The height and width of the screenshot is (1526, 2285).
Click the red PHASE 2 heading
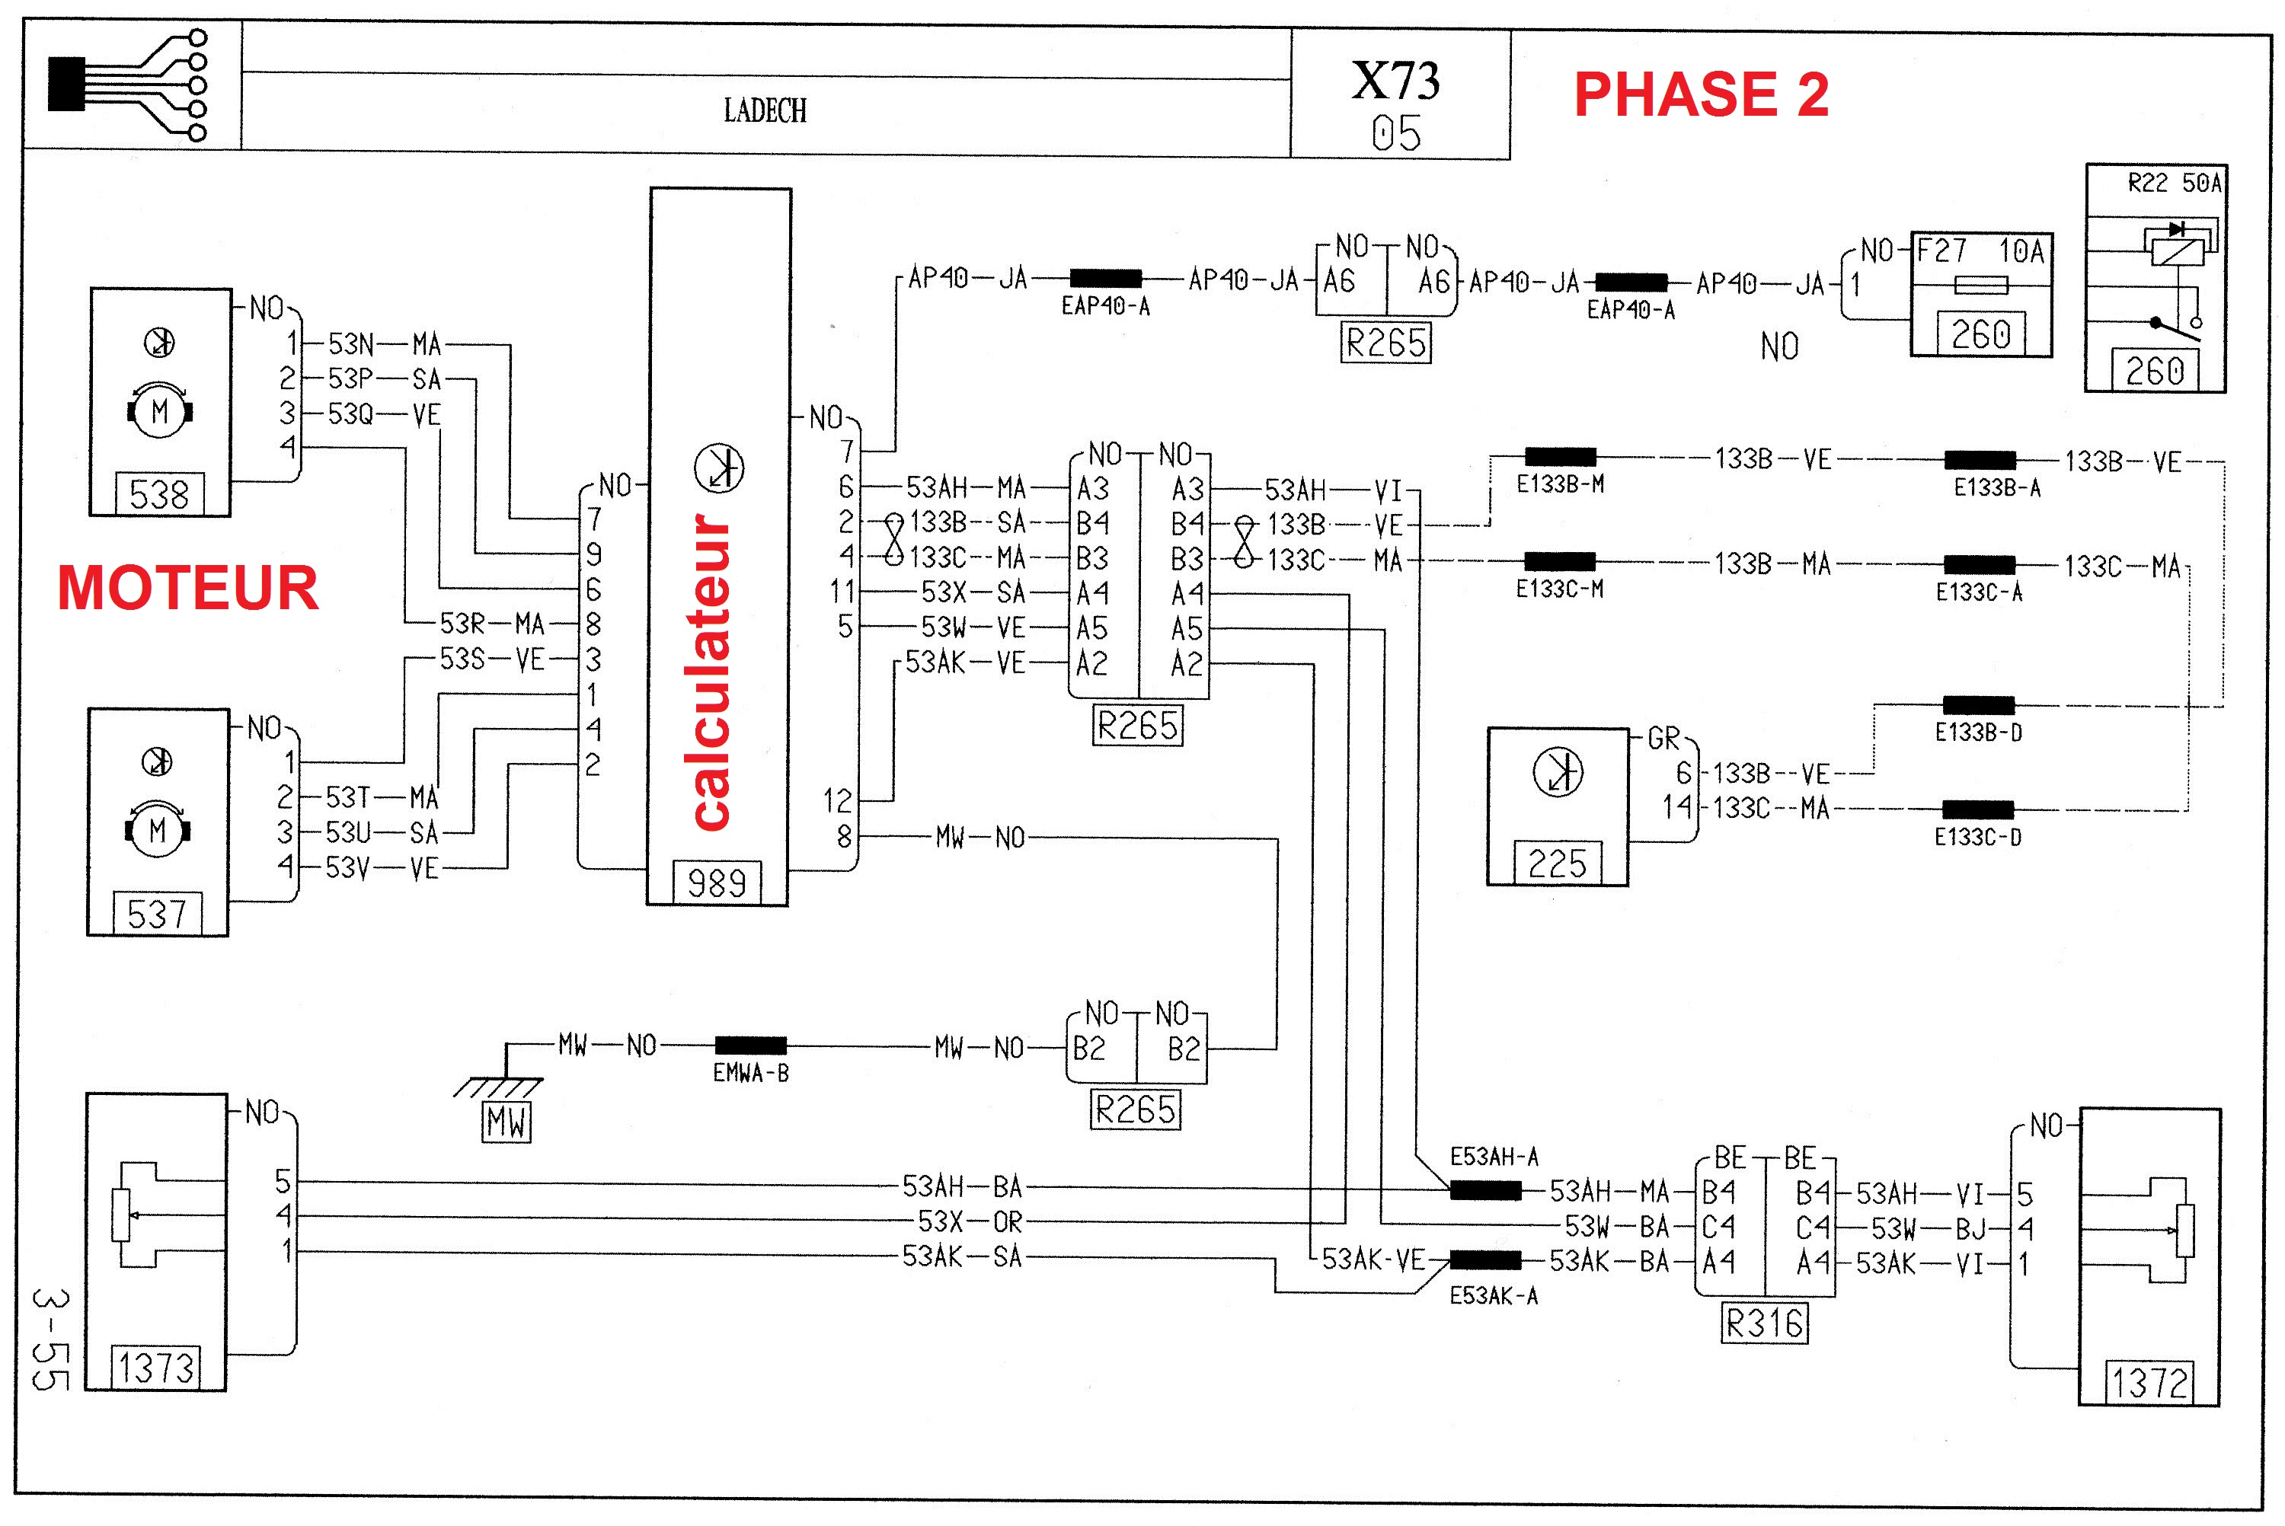pos(1700,94)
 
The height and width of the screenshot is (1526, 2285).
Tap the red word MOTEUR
pos(188,588)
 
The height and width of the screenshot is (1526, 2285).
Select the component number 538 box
pos(160,494)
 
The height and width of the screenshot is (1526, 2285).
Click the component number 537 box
pos(158,914)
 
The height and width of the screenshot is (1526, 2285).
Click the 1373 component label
pos(157,1368)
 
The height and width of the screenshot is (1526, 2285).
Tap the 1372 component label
pos(2149,1382)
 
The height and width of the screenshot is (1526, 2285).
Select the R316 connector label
pos(1764,1323)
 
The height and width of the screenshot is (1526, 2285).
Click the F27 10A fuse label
pos(1980,252)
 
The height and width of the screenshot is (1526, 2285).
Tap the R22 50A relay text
pos(2174,183)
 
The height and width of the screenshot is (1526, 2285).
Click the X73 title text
pos(1395,81)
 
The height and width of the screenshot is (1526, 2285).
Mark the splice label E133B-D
pos(1977,733)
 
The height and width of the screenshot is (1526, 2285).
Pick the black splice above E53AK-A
pos(1485,1260)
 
